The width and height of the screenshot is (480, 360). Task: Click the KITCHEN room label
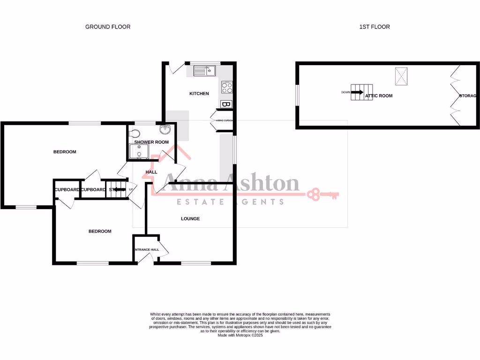(199, 94)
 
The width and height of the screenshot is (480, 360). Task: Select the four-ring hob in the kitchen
(227, 87)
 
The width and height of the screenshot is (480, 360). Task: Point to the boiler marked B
(226, 104)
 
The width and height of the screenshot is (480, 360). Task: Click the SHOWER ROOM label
(151, 142)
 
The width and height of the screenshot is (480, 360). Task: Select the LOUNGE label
(190, 218)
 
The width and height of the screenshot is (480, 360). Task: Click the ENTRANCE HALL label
(147, 249)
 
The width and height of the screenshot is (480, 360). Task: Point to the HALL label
(151, 172)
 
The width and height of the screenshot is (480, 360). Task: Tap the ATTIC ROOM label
(379, 96)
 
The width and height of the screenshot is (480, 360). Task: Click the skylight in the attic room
(401, 76)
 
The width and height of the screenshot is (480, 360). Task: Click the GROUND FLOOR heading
(108, 27)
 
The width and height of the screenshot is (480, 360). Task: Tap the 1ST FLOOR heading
(375, 27)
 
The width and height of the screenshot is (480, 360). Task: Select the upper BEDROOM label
(65, 152)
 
